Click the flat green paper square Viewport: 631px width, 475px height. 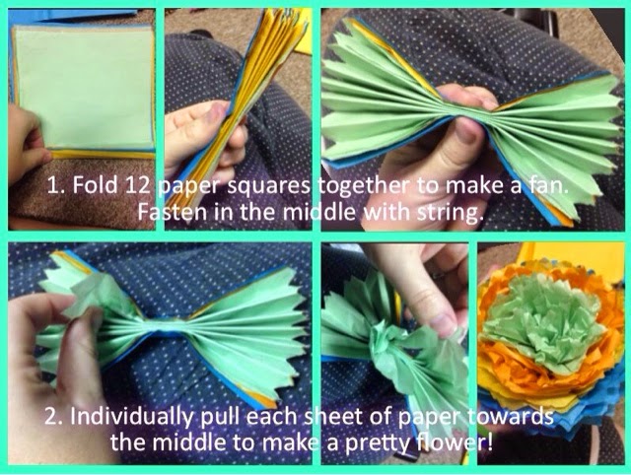(x=84, y=87)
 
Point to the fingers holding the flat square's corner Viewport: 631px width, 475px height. (x=28, y=145)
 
